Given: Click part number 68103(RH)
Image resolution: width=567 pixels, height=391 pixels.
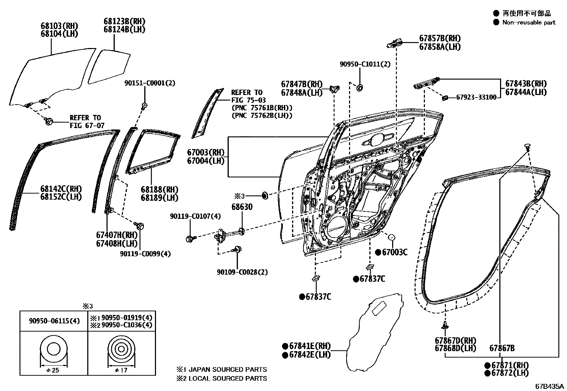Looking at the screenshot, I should tap(59, 26).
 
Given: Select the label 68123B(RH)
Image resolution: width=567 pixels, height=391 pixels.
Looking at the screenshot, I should tap(124, 21).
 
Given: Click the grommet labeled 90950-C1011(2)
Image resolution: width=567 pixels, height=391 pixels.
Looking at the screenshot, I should tap(360, 87).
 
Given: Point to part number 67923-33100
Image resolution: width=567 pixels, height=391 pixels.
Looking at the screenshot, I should tap(476, 97).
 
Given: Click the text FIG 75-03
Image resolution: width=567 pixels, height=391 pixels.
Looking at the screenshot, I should tap(249, 100).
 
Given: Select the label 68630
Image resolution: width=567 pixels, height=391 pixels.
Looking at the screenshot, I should tap(242, 207).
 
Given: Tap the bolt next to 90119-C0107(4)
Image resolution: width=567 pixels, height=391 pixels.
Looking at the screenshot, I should tap(189, 239).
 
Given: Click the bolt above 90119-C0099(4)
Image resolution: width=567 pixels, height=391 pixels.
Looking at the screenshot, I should tap(139, 225).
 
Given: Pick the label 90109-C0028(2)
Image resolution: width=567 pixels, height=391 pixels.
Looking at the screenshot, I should tap(242, 272).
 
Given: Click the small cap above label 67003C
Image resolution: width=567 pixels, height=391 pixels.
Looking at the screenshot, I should tap(391, 237).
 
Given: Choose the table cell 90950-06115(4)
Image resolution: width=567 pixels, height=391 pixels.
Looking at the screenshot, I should tap(53, 321).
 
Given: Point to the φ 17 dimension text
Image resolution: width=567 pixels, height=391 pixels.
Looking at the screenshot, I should tap(121, 370).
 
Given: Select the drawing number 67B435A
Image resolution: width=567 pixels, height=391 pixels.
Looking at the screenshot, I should tap(550, 386).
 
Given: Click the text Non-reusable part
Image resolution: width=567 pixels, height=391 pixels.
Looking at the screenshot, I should tap(529, 22).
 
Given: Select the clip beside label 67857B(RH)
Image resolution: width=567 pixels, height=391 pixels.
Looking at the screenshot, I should tap(394, 43).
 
